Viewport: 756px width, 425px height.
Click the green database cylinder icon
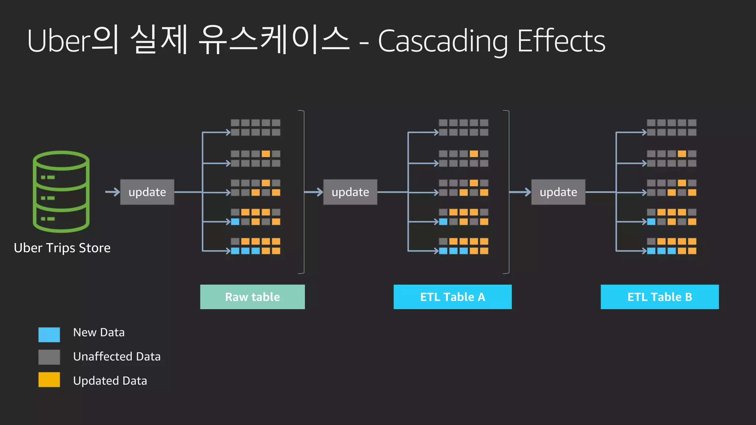pos(61,191)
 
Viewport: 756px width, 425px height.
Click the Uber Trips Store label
pos(62,248)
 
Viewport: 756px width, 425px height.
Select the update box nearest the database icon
pos(147,192)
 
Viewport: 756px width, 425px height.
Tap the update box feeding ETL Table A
pos(350,192)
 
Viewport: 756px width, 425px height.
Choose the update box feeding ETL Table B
pos(558,192)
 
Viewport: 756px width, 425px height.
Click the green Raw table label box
pos(252,297)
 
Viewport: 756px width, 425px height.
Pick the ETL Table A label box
pos(453,297)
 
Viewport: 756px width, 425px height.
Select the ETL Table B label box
pos(660,297)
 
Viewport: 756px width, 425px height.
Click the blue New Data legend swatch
pos(49,335)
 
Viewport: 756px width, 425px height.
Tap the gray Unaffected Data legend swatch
pos(49,357)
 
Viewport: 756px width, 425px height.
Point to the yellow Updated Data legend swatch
pos(49,380)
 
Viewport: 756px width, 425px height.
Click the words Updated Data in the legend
pos(110,381)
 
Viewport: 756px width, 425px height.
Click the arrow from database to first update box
pos(113,192)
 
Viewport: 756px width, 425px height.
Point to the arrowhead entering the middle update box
pos(319,192)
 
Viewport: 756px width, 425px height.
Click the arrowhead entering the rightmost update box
pos(527,192)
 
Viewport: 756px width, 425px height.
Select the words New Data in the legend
pos(99,332)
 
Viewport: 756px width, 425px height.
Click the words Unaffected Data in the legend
pos(117,357)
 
